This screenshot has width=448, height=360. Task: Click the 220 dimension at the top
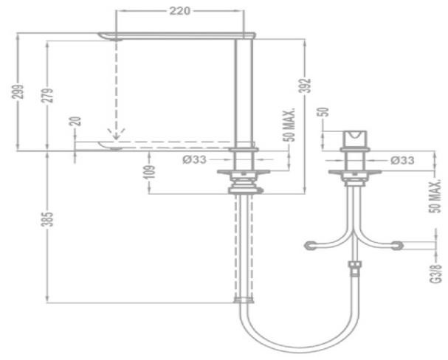(179, 11)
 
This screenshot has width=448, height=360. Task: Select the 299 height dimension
(18, 91)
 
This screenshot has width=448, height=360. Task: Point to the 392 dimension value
(306, 86)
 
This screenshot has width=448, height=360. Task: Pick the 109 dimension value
(149, 172)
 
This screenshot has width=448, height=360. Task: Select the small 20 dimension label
(76, 122)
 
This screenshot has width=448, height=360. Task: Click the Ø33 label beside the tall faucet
(194, 160)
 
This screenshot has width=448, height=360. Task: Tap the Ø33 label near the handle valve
(402, 160)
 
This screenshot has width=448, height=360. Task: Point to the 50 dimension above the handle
(323, 112)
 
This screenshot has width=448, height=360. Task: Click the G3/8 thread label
(435, 274)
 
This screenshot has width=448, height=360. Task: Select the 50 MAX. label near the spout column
(290, 125)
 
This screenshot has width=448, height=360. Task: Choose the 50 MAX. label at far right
(435, 196)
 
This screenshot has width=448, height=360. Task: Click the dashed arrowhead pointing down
(116, 134)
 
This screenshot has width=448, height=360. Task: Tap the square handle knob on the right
(355, 139)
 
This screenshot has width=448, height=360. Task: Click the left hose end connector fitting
(310, 246)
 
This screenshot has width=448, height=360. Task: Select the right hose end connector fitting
(397, 246)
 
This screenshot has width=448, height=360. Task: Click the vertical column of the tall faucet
(244, 94)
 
